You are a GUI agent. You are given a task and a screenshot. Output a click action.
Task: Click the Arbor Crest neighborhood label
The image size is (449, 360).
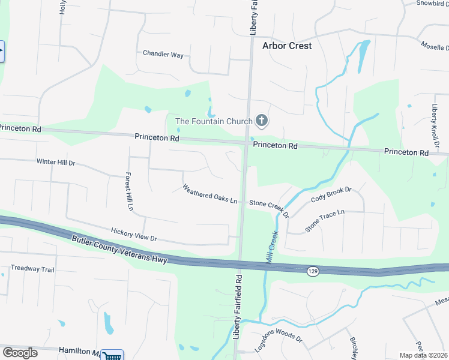tap(287, 46)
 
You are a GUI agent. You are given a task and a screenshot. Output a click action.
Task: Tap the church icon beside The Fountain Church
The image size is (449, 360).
tap(261, 121)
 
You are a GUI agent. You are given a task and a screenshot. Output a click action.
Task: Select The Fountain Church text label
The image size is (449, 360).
tap(214, 122)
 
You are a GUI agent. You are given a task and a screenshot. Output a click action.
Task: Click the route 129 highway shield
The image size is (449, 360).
tap(314, 272)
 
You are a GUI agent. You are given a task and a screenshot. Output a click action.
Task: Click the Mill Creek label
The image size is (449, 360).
tap(272, 246)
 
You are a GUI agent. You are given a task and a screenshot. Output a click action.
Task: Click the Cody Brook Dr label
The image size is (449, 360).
tap(331, 194)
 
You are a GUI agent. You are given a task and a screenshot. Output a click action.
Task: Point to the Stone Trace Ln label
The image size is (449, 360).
tap(325, 220)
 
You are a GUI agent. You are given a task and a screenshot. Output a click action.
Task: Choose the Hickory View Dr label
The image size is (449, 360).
tap(133, 234)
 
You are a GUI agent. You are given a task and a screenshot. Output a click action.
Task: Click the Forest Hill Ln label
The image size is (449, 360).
tap(129, 192)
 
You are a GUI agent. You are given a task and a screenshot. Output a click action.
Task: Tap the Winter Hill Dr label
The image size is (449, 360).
tap(55, 162)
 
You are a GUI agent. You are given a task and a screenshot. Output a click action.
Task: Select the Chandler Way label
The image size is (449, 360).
tap(163, 54)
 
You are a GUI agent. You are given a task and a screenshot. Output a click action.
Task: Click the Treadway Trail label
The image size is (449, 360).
tap(32, 269)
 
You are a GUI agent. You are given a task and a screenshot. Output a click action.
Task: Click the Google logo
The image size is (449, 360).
tap(20, 353)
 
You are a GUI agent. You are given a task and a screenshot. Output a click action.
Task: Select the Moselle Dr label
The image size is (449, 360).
tap(434, 46)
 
